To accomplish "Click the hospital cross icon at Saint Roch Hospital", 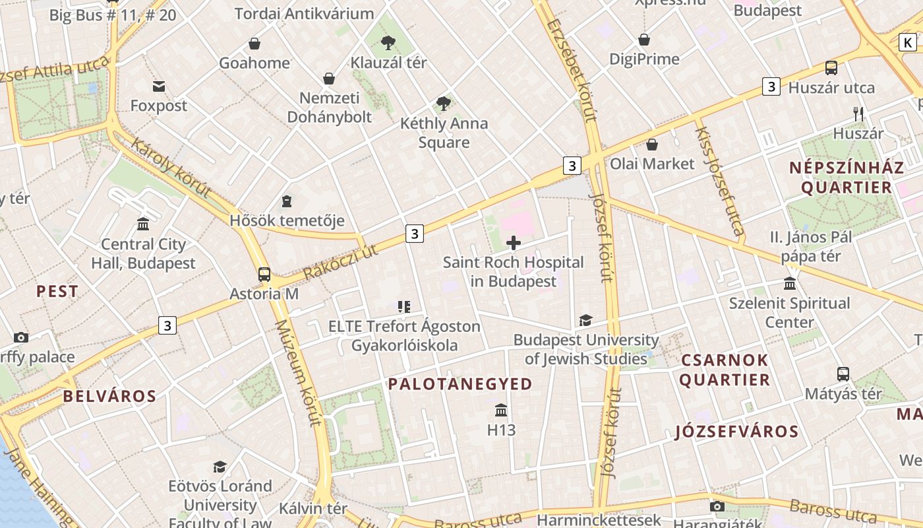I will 513,243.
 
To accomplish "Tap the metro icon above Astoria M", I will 264,274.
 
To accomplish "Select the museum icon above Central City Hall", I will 143,224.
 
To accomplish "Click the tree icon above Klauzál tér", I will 388,44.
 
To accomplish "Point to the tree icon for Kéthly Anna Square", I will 444,104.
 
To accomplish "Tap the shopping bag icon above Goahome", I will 254,44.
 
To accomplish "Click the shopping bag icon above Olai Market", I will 652,145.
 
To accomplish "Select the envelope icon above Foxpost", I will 159,86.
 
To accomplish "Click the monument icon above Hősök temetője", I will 287,201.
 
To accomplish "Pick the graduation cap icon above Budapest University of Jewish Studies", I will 585,321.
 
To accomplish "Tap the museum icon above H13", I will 501,411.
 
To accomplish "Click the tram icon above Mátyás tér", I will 843,374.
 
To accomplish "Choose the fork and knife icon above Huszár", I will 858,114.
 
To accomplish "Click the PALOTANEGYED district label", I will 460,384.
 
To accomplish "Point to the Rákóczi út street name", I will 342,261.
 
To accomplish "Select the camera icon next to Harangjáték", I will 717,507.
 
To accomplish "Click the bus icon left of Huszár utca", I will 831,68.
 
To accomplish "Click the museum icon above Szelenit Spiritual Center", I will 790,284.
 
